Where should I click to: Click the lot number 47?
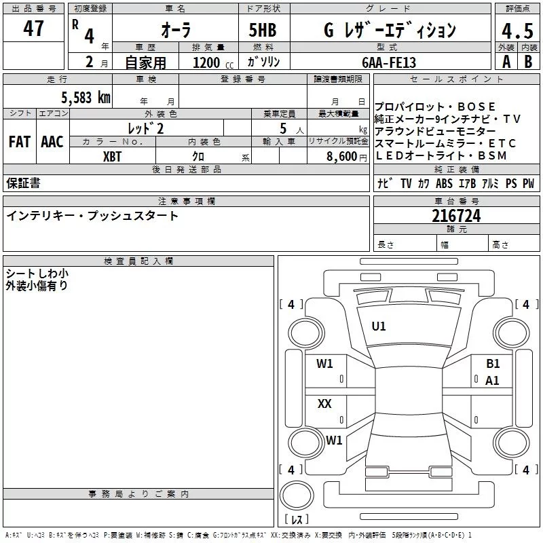tap(33, 29)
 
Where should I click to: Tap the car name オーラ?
tap(176, 31)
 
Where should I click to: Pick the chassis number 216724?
tap(456, 217)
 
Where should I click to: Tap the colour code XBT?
tap(113, 155)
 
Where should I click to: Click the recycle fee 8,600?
tap(341, 156)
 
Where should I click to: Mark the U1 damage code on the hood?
tap(379, 326)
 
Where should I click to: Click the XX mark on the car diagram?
tap(325, 404)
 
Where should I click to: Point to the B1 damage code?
tap(493, 364)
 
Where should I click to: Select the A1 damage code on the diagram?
tap(493, 381)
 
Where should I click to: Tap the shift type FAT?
tap(20, 142)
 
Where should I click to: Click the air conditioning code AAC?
tap(52, 142)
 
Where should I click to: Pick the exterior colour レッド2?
tap(146, 128)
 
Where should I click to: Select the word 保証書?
tap(23, 183)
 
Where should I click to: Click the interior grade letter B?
tap(528, 62)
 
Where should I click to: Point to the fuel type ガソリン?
tap(264, 62)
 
